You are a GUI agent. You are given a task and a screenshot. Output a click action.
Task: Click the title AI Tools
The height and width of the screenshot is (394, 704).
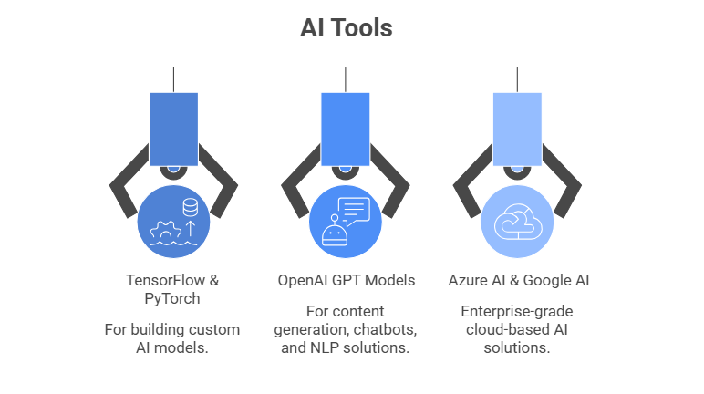tap(347, 28)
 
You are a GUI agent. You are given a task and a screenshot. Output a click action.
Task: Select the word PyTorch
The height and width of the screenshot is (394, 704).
tap(172, 299)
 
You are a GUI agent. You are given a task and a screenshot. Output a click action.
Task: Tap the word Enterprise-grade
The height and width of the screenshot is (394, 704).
tap(517, 310)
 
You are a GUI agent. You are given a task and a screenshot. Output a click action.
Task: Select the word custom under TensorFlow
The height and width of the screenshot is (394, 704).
tap(215, 329)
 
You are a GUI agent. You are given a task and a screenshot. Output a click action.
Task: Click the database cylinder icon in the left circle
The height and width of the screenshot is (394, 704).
tap(191, 208)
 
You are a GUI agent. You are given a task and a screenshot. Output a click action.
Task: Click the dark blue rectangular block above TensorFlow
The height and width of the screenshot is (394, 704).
tap(173, 127)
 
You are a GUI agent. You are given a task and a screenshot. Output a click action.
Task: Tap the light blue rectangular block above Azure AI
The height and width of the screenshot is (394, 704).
tap(517, 127)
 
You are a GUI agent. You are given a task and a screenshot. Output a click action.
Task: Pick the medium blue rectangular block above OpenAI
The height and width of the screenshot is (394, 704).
tap(345, 127)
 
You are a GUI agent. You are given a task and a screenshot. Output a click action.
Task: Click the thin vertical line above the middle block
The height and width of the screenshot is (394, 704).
tap(345, 79)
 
